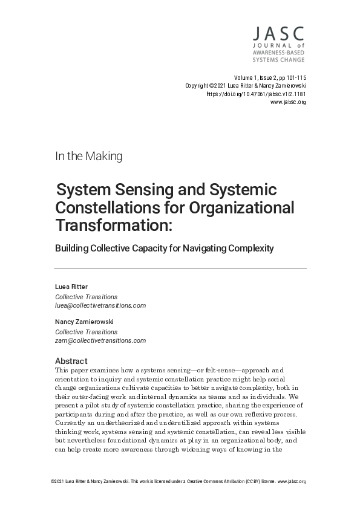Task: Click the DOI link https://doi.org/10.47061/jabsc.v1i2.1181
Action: click(x=256, y=94)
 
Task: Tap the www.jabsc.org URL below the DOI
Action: click(x=288, y=103)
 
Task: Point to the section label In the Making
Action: click(x=89, y=156)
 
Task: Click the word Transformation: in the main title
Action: click(x=114, y=225)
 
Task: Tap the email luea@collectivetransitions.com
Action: click(x=100, y=305)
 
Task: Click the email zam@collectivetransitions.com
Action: click(x=100, y=340)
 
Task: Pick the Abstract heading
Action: click(x=71, y=361)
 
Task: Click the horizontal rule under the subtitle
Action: click(x=180, y=267)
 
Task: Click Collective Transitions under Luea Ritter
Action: click(x=87, y=297)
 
